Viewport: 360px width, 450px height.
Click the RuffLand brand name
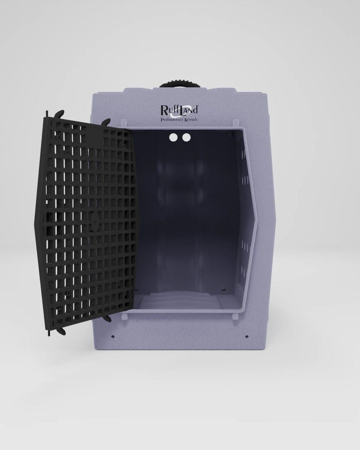pyautogui.click(x=179, y=109)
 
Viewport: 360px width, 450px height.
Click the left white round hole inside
pyautogui.click(x=173, y=137)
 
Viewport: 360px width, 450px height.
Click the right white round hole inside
pyautogui.click(x=186, y=137)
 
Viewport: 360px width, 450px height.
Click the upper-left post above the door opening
pyautogui.click(x=123, y=124)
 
